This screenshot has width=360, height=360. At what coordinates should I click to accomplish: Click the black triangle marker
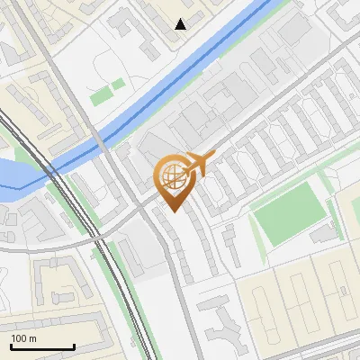point(181,24)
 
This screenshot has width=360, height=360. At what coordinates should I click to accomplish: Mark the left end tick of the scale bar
point(11,346)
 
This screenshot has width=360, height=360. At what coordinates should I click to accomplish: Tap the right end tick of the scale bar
point(74,346)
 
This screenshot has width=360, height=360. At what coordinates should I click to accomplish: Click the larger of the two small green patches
point(102,94)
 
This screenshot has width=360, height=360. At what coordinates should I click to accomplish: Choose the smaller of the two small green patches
point(118,85)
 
